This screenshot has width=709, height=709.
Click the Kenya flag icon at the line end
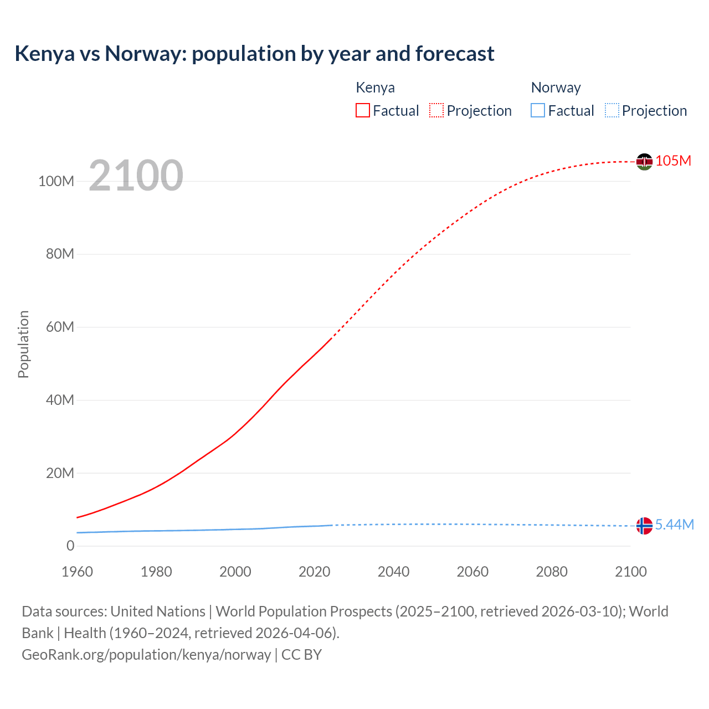644,162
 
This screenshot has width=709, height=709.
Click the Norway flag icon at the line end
644,526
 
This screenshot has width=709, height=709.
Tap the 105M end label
673,161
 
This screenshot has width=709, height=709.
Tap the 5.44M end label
674,525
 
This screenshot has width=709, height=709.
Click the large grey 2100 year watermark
136,176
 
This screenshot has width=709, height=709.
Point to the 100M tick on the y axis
56,182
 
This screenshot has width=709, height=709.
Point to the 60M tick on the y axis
60,327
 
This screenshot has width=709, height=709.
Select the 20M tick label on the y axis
60,474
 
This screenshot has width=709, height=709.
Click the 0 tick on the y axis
70,546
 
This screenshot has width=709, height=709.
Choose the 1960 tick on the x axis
77,572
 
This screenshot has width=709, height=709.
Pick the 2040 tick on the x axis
393,572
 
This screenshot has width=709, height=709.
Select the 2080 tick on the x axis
552,572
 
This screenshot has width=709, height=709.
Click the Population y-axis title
23,345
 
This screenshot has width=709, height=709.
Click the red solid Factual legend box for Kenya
363,110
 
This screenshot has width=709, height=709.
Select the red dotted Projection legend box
436,110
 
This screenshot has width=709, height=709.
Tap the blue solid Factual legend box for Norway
538,110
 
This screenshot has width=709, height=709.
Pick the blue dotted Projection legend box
612,110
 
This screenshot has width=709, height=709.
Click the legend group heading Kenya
375,88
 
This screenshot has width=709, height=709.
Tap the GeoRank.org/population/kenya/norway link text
146,655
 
